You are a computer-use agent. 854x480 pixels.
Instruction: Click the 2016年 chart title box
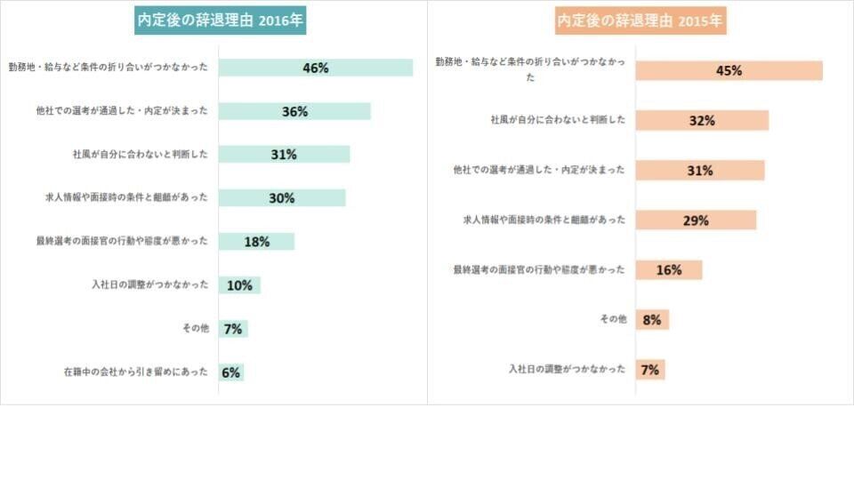click(220, 21)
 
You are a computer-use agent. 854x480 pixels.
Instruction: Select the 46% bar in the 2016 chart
click(316, 68)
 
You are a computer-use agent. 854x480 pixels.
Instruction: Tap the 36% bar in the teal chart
click(294, 111)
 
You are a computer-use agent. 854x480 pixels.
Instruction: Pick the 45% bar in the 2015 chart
click(729, 71)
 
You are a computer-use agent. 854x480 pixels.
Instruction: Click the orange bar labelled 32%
click(702, 121)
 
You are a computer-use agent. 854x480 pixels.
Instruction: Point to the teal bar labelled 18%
click(256, 242)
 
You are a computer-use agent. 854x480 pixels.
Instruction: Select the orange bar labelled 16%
click(669, 270)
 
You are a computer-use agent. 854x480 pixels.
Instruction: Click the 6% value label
click(231, 372)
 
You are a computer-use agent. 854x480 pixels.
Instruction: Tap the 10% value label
click(239, 285)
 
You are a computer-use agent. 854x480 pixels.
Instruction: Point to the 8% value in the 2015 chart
click(651, 320)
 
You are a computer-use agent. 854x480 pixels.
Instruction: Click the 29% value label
click(696, 220)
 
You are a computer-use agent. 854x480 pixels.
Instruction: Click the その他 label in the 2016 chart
click(195, 329)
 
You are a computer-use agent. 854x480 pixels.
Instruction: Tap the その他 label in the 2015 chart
click(613, 319)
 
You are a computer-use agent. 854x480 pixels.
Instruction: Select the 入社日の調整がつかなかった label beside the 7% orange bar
click(567, 369)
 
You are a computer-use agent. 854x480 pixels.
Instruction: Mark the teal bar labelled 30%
click(282, 198)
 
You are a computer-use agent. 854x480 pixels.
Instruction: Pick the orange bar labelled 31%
click(700, 171)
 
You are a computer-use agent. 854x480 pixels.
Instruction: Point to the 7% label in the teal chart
click(233, 329)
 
